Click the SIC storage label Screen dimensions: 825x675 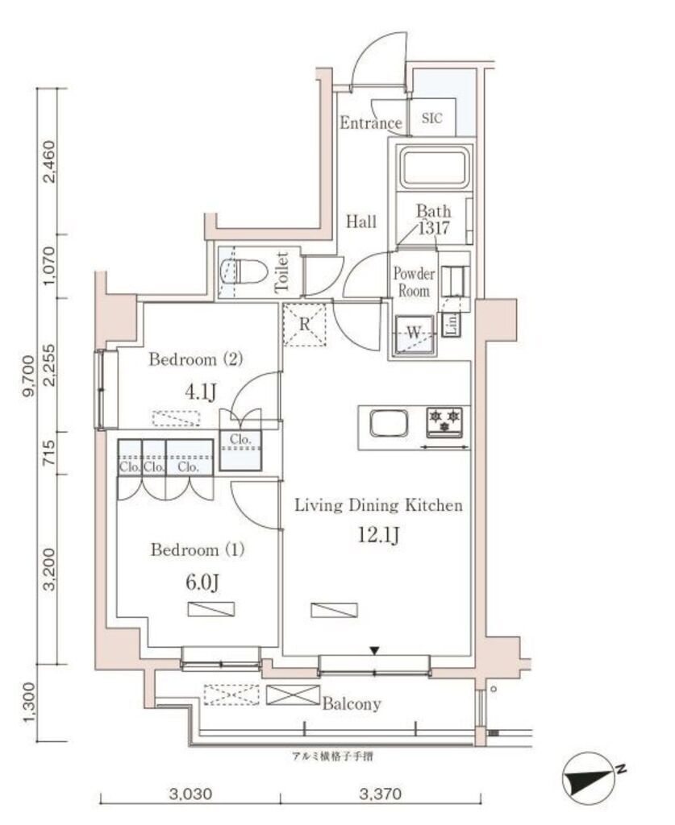pos(432,118)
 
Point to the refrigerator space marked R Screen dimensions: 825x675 pos(304,325)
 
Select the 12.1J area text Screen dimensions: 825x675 pos(377,536)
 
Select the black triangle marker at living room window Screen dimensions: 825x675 pos(375,650)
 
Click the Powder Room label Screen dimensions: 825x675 pos(413,282)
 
